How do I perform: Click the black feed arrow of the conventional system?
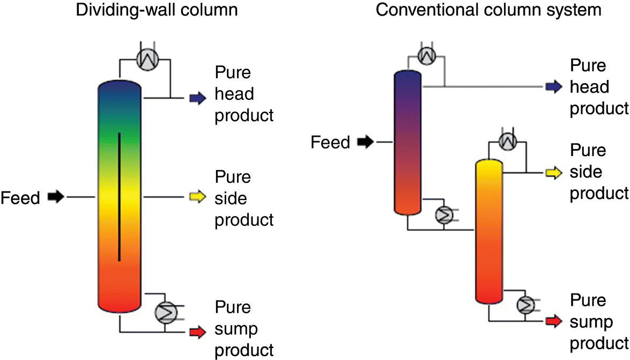(x=367, y=142)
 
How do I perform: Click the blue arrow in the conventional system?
(x=553, y=86)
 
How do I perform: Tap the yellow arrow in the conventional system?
(x=553, y=173)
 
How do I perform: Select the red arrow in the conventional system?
(x=553, y=321)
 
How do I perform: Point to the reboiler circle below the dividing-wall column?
(x=164, y=311)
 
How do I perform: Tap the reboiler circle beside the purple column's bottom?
(x=444, y=215)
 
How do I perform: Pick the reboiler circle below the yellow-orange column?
(x=526, y=305)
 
